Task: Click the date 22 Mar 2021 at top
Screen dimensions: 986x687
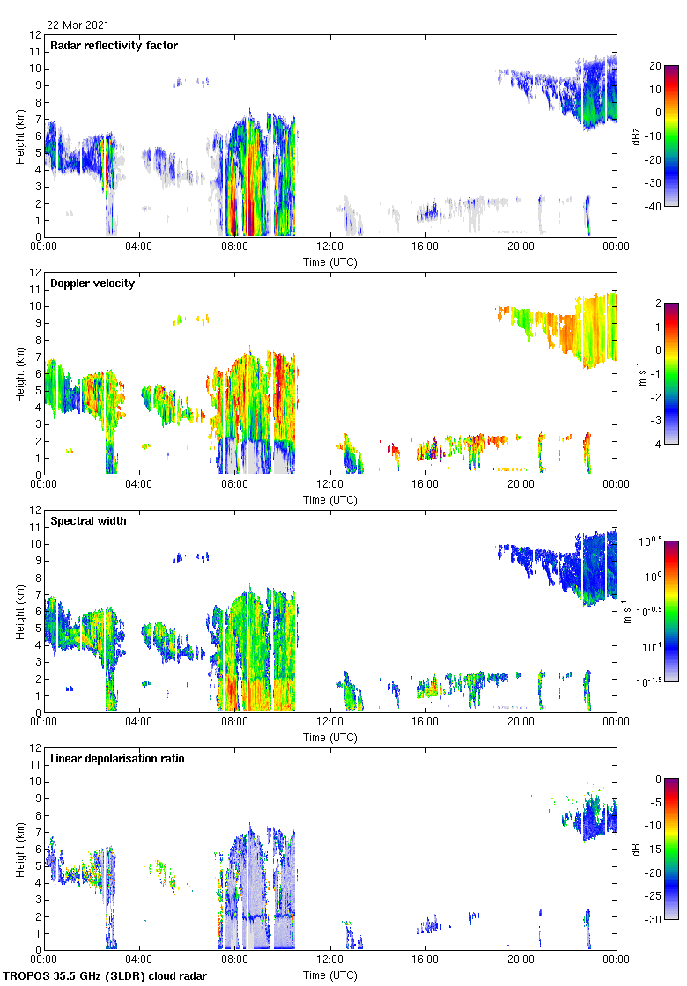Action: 78,26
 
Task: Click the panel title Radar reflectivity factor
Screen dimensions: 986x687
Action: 114,46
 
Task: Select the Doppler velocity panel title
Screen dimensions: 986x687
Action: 92,283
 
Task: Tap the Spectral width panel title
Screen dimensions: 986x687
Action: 89,521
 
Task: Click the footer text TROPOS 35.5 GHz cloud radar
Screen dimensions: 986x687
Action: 106,976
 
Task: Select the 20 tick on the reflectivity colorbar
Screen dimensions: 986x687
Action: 655,66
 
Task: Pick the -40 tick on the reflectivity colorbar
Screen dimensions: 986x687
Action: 654,207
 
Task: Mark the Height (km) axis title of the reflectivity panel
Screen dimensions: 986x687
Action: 19,136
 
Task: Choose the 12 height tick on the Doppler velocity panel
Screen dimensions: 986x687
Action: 35,273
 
